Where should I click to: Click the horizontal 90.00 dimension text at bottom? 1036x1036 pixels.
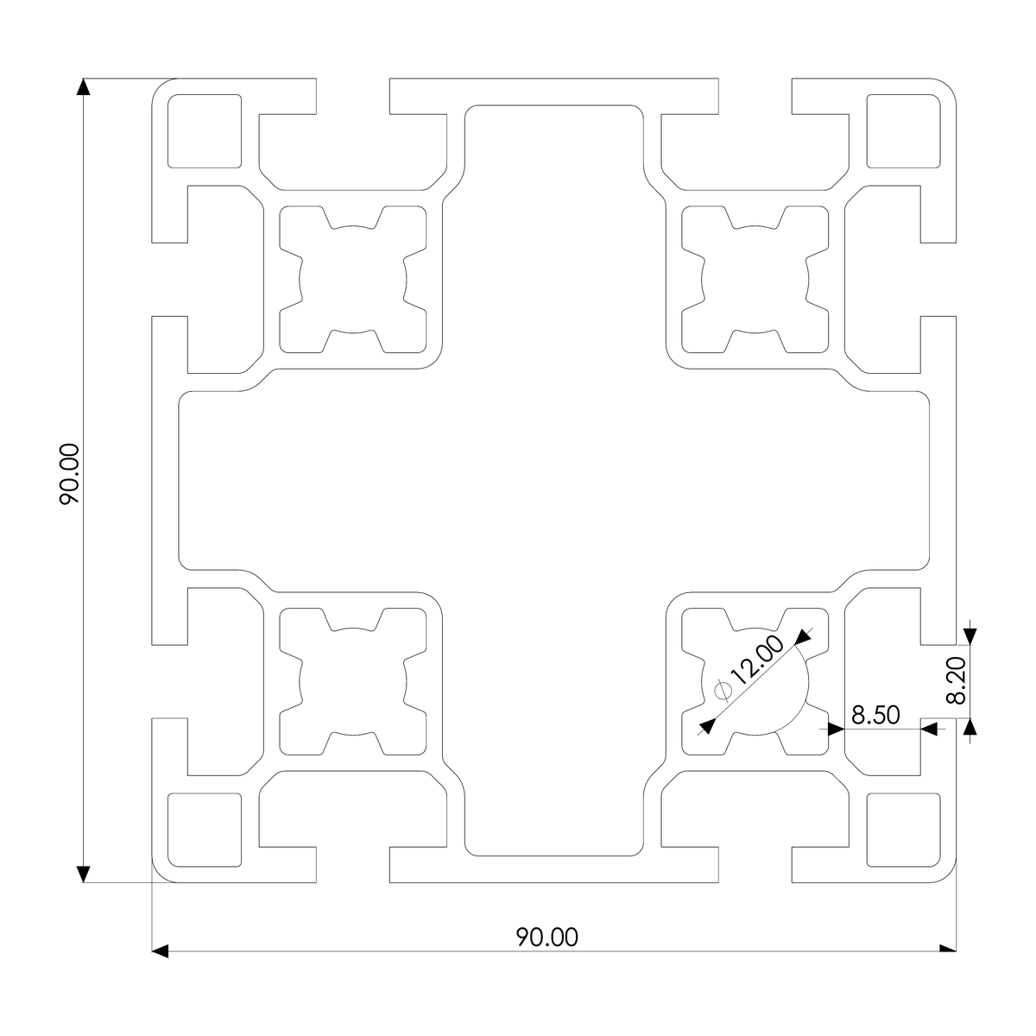pos(547,937)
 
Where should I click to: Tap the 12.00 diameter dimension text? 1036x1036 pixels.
pos(757,661)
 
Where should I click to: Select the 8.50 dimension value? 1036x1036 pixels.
pos(875,715)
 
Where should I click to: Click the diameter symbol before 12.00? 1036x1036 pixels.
pos(723,689)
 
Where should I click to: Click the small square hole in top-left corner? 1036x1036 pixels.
pos(204,130)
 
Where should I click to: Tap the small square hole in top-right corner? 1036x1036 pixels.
pos(903,130)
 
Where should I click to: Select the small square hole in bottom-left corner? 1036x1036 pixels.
pos(204,830)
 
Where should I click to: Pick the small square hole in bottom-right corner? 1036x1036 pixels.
pos(903,830)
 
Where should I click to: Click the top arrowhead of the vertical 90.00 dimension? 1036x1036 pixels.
pos(84,87)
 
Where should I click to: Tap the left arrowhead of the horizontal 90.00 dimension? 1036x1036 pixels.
pos(160,951)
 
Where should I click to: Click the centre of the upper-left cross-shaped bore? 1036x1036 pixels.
pos(353,280)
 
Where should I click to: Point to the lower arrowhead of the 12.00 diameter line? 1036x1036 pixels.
pos(705,727)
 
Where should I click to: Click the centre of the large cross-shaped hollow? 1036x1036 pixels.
pos(554,481)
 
